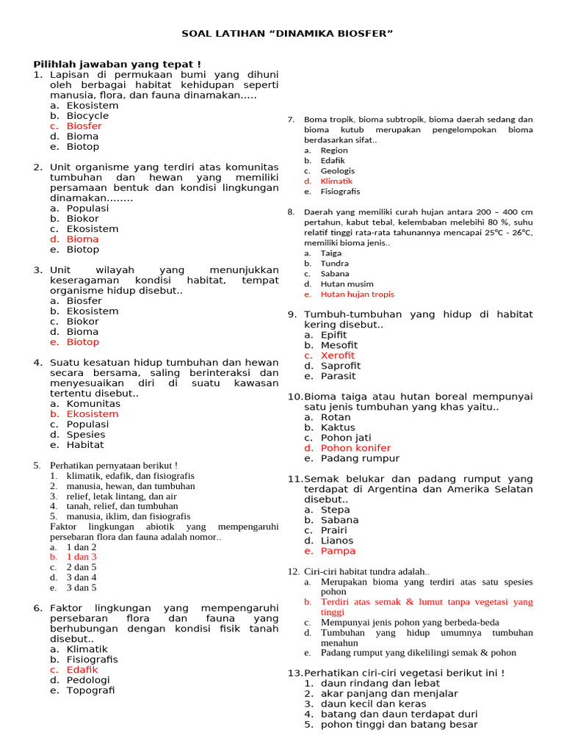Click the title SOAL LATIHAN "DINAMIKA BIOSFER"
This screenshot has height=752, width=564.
coord(287,34)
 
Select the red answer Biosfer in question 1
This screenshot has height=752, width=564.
coord(84,126)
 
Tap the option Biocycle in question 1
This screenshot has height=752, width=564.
coord(87,116)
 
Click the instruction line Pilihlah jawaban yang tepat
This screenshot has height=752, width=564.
coord(117,65)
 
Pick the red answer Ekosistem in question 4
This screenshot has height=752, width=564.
coord(92,414)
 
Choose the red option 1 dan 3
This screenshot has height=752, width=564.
coord(81,557)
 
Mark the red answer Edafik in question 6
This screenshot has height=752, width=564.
coord(82,670)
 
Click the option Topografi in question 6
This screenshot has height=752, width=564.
coord(90,690)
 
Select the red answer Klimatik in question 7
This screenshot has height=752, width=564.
coord(336,181)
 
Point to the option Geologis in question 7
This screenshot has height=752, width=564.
coord(337,171)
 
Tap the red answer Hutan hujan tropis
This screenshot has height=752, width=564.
coord(357,294)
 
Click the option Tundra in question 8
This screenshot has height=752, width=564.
coord(335,264)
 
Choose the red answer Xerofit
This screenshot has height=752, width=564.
coord(337,355)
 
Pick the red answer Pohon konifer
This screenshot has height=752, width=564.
coord(355,448)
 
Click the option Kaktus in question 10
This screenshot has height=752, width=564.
coord(338,427)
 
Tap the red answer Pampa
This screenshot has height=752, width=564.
coord(338,551)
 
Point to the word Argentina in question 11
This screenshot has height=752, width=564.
coord(394,489)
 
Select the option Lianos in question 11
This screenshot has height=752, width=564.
coord(337,540)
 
